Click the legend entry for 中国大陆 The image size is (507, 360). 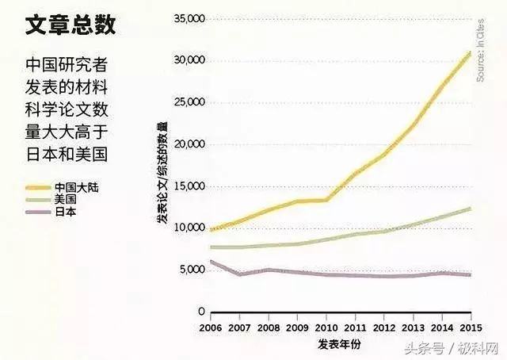click(x=76, y=187)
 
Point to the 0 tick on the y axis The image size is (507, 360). click(x=201, y=312)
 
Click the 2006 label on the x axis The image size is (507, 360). click(x=211, y=327)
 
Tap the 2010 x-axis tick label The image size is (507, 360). click(x=326, y=327)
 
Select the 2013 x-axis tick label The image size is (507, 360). click(x=414, y=327)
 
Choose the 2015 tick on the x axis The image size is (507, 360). click(x=471, y=327)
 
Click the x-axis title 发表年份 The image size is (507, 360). click(x=340, y=344)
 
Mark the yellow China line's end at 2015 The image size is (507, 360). click(x=471, y=52)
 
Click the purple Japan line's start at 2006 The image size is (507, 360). click(x=211, y=261)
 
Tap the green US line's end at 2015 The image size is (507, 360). click(x=471, y=208)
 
